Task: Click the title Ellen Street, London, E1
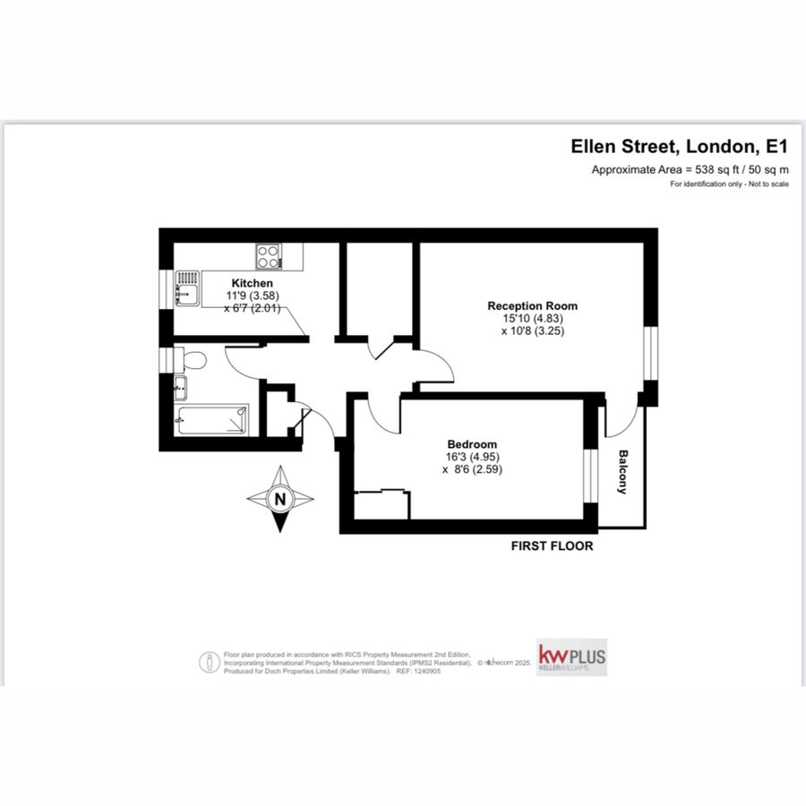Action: (681, 147)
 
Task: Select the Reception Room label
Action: (532, 305)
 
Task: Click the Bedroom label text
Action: (472, 444)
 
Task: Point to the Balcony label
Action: (622, 472)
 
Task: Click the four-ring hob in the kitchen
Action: (268, 256)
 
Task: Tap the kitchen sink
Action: (186, 289)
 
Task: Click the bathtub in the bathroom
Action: (212, 419)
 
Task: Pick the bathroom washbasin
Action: (180, 389)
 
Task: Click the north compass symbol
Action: (280, 500)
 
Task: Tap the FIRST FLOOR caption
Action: (551, 545)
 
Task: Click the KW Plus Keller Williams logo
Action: (571, 658)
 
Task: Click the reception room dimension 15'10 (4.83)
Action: (532, 318)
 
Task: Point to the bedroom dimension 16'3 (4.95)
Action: (472, 456)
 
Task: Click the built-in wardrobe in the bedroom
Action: (382, 504)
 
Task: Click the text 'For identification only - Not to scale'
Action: (729, 184)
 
